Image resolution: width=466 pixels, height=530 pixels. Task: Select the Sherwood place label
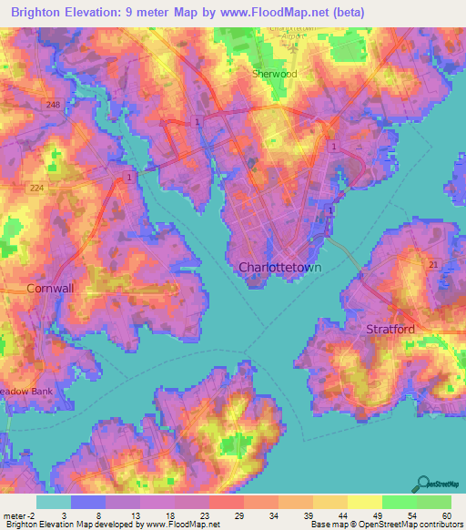274,74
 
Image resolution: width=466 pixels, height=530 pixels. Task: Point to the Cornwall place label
49,288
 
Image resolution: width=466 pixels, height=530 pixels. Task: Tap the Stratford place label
390,328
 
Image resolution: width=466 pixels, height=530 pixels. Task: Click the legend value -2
31,515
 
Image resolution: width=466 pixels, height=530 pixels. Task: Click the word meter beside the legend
13,515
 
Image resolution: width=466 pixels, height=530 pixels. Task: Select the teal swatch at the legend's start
53,502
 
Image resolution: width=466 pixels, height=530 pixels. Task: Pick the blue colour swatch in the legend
88,502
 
